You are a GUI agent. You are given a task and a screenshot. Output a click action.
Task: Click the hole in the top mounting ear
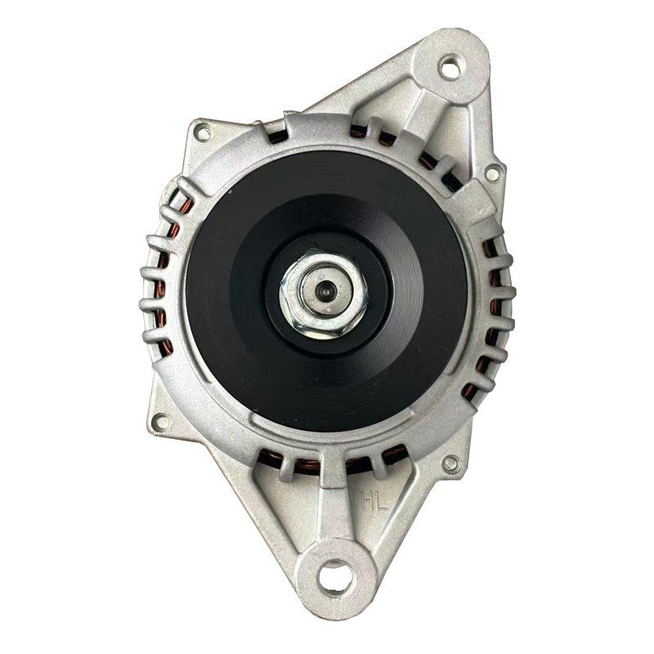click(x=451, y=69)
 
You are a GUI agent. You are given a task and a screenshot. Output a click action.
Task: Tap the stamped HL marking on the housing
click(x=374, y=500)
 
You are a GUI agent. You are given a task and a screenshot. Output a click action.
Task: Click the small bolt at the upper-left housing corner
click(x=204, y=133)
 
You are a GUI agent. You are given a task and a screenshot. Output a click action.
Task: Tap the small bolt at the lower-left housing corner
click(x=161, y=422)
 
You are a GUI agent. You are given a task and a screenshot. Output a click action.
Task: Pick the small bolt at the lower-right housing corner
click(x=451, y=464)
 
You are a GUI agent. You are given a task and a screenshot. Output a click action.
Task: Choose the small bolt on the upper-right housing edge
click(x=493, y=172)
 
